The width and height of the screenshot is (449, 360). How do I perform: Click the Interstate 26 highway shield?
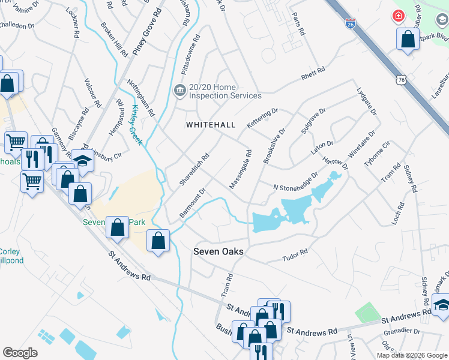tap(351, 24)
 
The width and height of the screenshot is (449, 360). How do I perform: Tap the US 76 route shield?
tap(402, 79)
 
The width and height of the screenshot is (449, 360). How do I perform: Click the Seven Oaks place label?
tap(218, 251)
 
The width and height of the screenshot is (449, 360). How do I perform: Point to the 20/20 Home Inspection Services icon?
tap(179, 91)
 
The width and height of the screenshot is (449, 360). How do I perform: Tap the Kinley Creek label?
tap(137, 125)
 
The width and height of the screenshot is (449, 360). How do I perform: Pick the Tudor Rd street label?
tap(295, 256)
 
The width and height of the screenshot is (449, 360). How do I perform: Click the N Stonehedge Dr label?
tap(295, 184)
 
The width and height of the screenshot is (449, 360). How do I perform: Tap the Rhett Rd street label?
tap(313, 74)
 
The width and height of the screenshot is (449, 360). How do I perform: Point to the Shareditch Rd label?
tap(194, 169)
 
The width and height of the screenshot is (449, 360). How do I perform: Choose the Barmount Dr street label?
tap(193, 203)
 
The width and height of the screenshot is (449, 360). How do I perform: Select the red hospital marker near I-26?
tap(397, 16)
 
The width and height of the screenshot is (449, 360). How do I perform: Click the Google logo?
tap(20, 352)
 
